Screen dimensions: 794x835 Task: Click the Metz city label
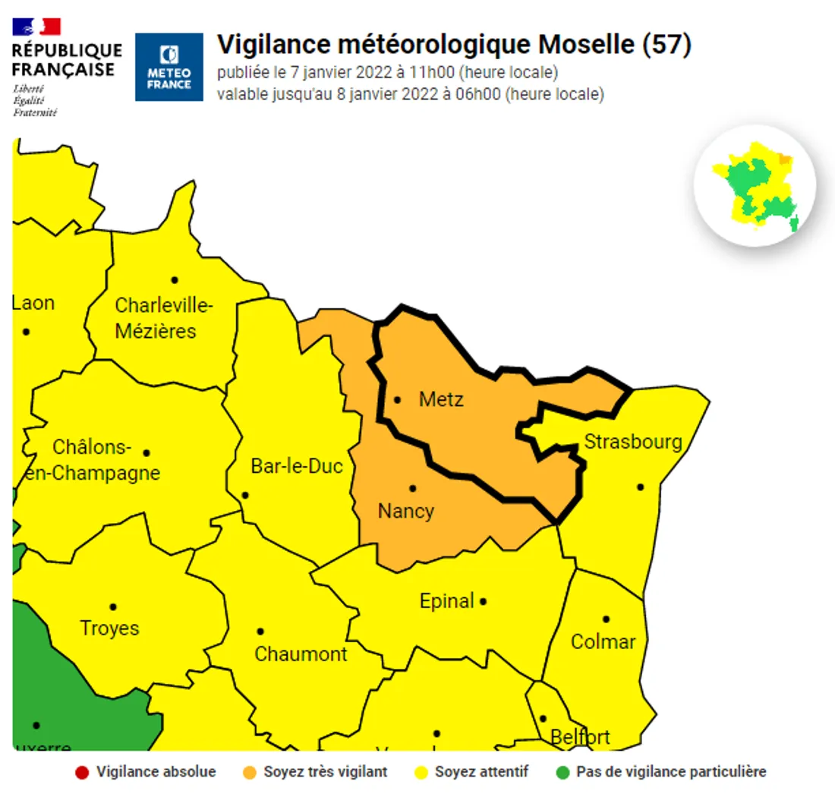[441, 400]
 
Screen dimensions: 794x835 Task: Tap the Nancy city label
[406, 511]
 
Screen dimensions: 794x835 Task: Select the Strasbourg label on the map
[632, 442]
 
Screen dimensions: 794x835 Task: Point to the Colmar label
[603, 642]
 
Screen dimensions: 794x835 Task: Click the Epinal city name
[446, 602]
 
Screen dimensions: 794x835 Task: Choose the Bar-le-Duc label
[297, 466]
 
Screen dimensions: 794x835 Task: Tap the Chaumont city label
[301, 654]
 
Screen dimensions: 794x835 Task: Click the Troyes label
[110, 629]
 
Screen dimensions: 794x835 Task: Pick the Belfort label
[580, 737]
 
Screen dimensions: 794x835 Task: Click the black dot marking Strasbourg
[641, 487]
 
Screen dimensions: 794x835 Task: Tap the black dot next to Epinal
[483, 602]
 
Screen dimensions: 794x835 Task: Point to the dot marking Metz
[397, 399]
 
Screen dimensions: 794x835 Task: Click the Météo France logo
[169, 67]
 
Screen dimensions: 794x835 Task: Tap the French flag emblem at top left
[36, 27]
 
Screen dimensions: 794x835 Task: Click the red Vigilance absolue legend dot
[81, 773]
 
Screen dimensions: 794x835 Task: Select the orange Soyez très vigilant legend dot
[249, 773]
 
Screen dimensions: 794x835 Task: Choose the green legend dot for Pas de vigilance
[562, 773]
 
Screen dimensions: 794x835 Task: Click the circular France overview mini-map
[755, 185]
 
